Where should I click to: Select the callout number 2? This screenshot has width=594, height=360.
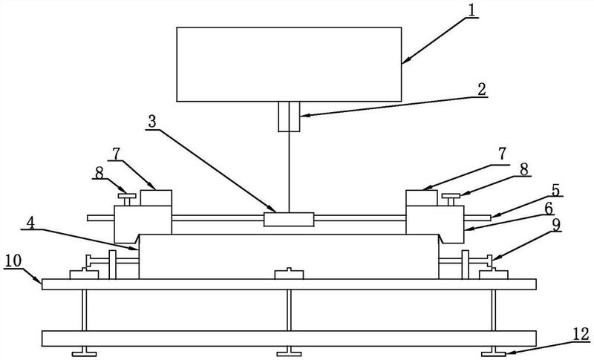481,90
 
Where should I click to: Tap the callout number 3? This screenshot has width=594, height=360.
152,122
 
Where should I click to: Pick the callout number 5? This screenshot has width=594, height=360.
555,190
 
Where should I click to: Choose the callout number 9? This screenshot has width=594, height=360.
555,225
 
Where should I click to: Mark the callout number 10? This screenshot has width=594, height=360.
13,261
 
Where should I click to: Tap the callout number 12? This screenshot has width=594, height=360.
581,334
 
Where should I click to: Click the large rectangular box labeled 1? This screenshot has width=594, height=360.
289,65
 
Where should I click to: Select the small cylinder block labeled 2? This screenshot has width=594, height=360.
289,117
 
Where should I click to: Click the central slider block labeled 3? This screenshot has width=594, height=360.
289,220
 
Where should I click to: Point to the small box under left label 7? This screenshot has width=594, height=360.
156,198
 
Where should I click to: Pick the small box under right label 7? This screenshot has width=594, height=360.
422,198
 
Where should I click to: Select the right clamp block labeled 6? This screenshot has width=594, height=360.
436,224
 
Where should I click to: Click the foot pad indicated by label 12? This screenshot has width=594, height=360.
494,353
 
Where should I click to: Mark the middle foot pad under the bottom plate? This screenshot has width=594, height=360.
289,353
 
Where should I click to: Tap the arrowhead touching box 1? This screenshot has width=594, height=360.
405,61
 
